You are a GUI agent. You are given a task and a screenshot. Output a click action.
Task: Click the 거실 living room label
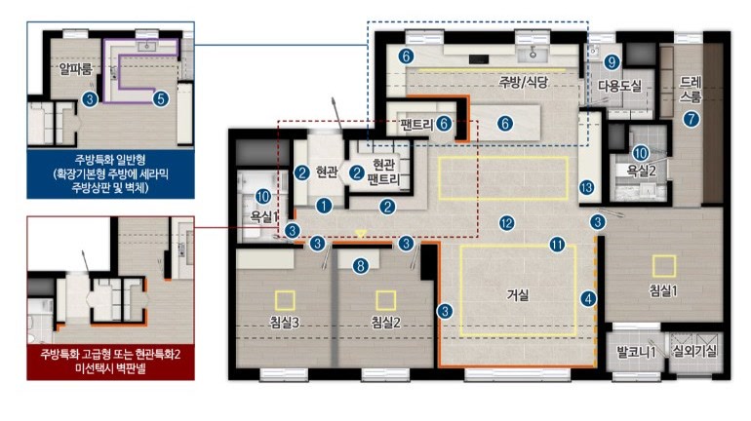tap(518, 294)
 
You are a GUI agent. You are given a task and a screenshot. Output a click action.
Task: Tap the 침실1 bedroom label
tap(663, 290)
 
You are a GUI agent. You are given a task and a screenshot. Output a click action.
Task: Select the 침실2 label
tap(385, 322)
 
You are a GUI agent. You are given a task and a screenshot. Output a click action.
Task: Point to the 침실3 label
tap(285, 322)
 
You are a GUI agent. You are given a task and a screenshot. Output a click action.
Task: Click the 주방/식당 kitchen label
tap(523, 82)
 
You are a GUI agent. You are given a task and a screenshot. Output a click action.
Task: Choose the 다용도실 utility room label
tap(619, 86)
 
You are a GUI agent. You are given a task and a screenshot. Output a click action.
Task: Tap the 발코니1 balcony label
tap(636, 353)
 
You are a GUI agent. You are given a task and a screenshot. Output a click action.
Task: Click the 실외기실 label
tap(695, 352)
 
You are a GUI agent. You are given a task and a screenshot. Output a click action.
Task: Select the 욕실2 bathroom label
tap(642, 171)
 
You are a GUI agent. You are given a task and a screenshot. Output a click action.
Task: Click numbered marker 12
tap(507, 223)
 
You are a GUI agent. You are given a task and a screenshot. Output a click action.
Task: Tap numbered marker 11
tap(557, 245)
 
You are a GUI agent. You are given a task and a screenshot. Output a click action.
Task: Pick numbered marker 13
tap(587, 187)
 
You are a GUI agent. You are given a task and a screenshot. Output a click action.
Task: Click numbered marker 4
tap(588, 299)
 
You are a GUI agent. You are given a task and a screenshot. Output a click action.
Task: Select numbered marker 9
tap(612, 61)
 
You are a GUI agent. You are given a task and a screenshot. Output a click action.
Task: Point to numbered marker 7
tap(691, 119)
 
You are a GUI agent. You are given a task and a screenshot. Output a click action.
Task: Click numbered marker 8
tap(361, 265)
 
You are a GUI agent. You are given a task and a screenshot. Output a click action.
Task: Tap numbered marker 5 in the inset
tap(161, 99)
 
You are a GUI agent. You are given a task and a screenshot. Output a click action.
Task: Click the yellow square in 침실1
tap(664, 266)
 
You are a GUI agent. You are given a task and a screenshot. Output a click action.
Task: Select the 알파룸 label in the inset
tap(76, 69)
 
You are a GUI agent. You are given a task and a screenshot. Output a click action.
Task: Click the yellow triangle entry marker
tap(361, 234)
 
